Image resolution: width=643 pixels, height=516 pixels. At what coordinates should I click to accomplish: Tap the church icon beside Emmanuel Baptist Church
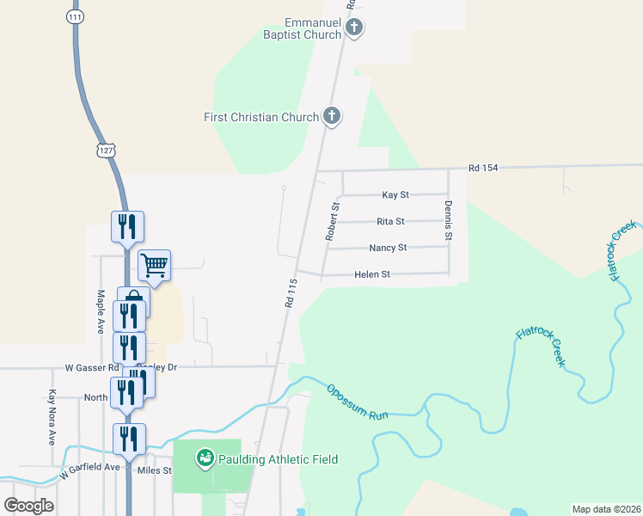coord(353,28)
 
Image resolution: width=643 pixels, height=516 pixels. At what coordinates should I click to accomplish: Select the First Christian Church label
coord(261,117)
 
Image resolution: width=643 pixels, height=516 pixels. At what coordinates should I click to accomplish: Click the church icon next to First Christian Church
coord(332,116)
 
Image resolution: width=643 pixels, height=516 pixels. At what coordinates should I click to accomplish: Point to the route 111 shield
coord(75,17)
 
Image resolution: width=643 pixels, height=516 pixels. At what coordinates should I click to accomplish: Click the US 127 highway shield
coord(107,150)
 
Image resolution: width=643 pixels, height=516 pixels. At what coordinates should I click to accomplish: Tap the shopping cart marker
coord(154,264)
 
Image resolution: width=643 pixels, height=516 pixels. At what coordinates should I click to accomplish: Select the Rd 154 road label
coord(483,167)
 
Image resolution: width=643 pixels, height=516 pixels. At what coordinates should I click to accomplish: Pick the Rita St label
coord(390,221)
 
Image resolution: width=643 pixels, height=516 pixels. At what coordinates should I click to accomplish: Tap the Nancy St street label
coord(388,248)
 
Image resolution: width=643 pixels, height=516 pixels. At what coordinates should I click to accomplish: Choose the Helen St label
coord(372,274)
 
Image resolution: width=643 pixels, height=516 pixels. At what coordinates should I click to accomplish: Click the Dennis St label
coord(448,219)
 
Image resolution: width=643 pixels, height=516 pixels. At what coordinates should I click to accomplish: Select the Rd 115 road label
coord(290,292)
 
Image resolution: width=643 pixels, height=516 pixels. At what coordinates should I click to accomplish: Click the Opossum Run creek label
coord(358,402)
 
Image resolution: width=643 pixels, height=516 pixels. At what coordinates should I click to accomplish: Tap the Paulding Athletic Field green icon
coord(205,458)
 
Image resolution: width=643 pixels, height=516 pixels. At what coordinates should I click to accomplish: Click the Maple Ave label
coord(100,310)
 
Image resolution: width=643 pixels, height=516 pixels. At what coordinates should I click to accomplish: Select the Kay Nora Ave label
coord(52,418)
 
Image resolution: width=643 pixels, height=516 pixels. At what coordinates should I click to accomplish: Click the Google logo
coord(28,505)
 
